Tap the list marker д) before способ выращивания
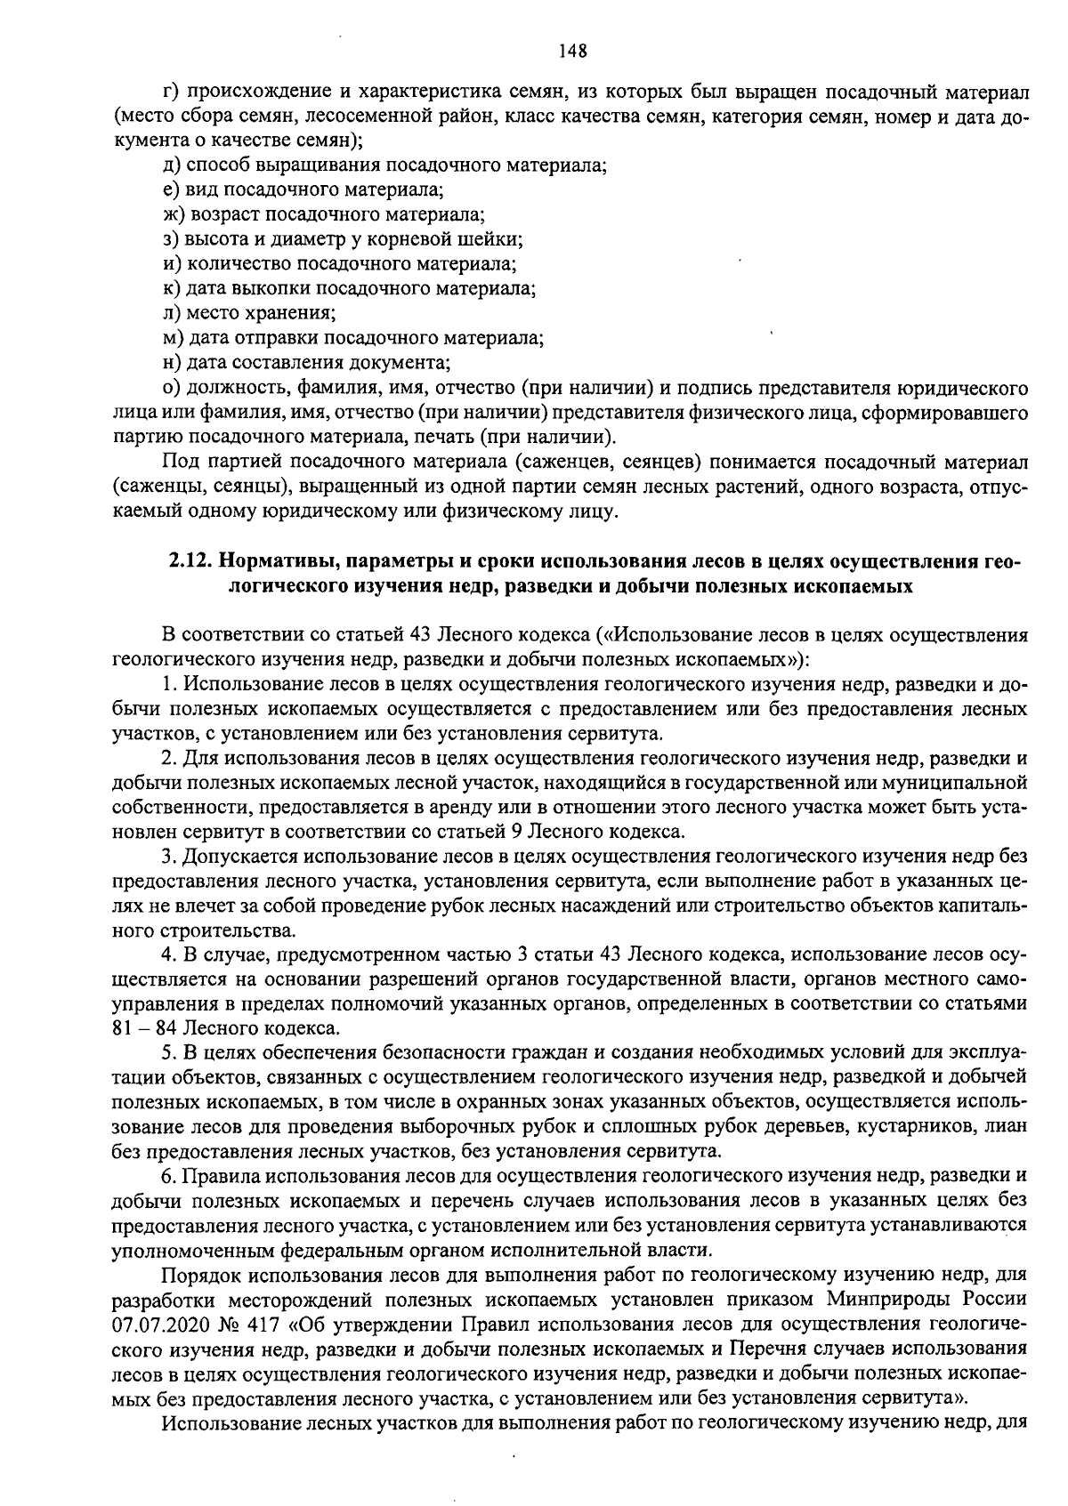[172, 165]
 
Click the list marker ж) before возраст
[174, 214]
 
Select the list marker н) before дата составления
[172, 363]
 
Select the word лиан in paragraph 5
[1007, 1127]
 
